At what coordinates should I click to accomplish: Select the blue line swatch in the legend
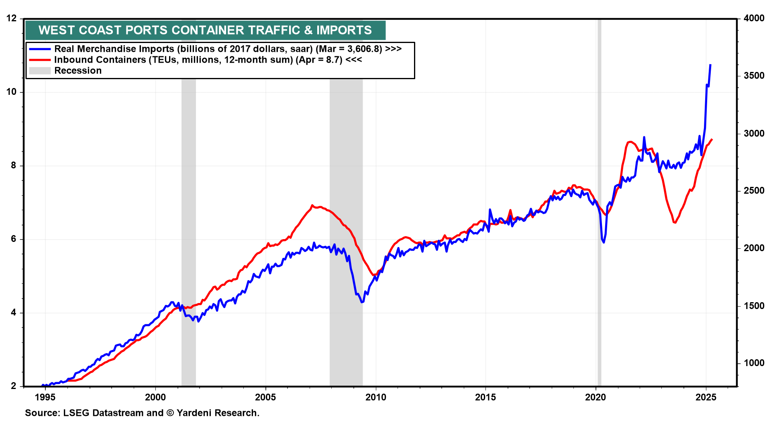pos(40,49)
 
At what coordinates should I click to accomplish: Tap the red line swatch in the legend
pos(40,60)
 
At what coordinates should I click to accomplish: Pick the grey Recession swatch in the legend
pos(40,71)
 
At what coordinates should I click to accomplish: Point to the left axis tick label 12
pos(12,18)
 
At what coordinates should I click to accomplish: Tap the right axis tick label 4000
pos(754,18)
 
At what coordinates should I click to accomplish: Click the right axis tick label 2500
pos(754,191)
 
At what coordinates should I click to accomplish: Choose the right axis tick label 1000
pos(754,363)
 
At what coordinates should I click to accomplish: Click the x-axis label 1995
pos(45,397)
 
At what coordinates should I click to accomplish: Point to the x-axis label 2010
pos(375,397)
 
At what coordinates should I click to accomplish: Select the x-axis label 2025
pos(706,397)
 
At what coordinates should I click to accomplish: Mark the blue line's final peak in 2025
pos(710,65)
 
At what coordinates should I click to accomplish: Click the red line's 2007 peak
pos(312,205)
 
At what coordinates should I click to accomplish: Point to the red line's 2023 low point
pos(675,222)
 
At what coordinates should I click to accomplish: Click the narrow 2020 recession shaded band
pos(599,201)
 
